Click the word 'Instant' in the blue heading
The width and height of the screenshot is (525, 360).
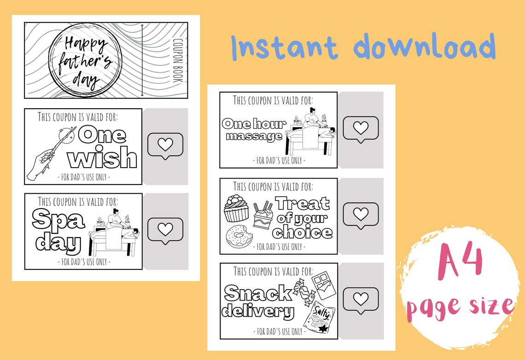(284, 46)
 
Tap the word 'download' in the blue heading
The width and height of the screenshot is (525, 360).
(425, 46)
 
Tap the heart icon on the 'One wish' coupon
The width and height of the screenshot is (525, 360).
(165, 145)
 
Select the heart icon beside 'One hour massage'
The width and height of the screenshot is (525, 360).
(361, 128)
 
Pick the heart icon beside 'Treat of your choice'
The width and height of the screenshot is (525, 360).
(361, 214)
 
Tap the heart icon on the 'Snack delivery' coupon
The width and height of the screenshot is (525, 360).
(361, 299)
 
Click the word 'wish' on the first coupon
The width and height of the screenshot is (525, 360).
(102, 158)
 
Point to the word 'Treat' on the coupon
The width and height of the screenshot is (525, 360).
(303, 203)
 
